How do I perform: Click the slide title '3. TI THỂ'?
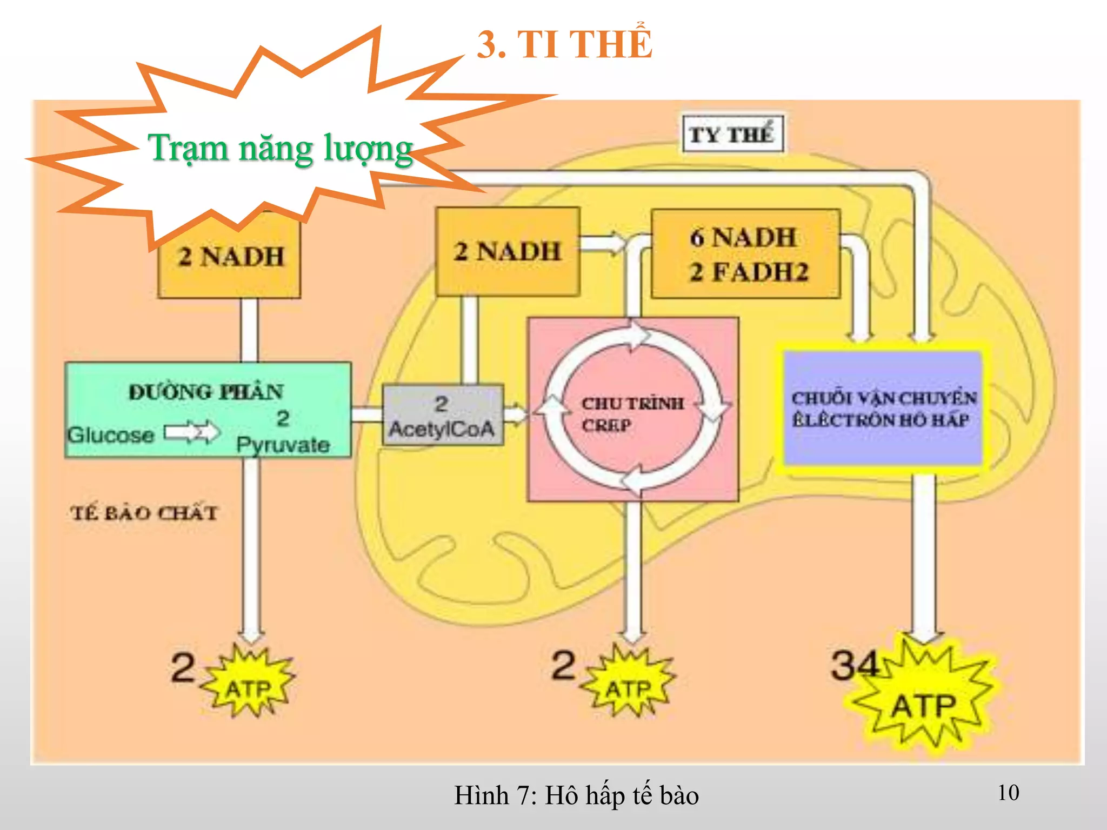[x=564, y=44]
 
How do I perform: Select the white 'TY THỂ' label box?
[x=732, y=134]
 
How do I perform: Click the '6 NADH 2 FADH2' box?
[x=746, y=254]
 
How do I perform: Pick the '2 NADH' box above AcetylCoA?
[x=508, y=252]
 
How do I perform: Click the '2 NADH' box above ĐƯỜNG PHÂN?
[x=230, y=257]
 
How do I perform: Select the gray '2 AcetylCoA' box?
[x=443, y=416]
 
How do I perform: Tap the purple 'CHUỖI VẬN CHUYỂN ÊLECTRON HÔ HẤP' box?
[x=883, y=409]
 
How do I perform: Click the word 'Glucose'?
[x=111, y=435]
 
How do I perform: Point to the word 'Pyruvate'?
[x=283, y=445]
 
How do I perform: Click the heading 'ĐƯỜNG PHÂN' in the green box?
[x=206, y=392]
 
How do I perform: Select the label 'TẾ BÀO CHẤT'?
[x=144, y=512]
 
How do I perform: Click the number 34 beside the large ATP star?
[x=854, y=665]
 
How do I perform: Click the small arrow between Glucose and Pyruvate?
[x=191, y=432]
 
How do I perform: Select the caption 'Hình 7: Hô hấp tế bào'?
[x=576, y=795]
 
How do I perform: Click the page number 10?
[x=1008, y=793]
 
